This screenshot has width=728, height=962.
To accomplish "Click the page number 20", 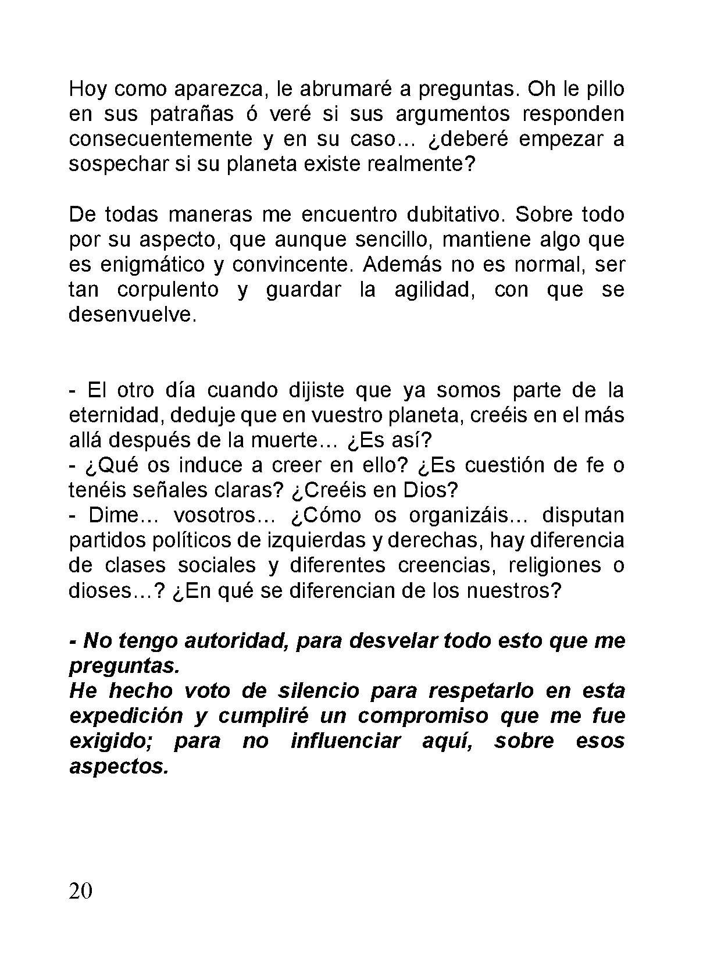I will [80, 890].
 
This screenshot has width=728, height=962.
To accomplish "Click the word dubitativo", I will [453, 215].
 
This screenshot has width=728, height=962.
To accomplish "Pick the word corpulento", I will [168, 290].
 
